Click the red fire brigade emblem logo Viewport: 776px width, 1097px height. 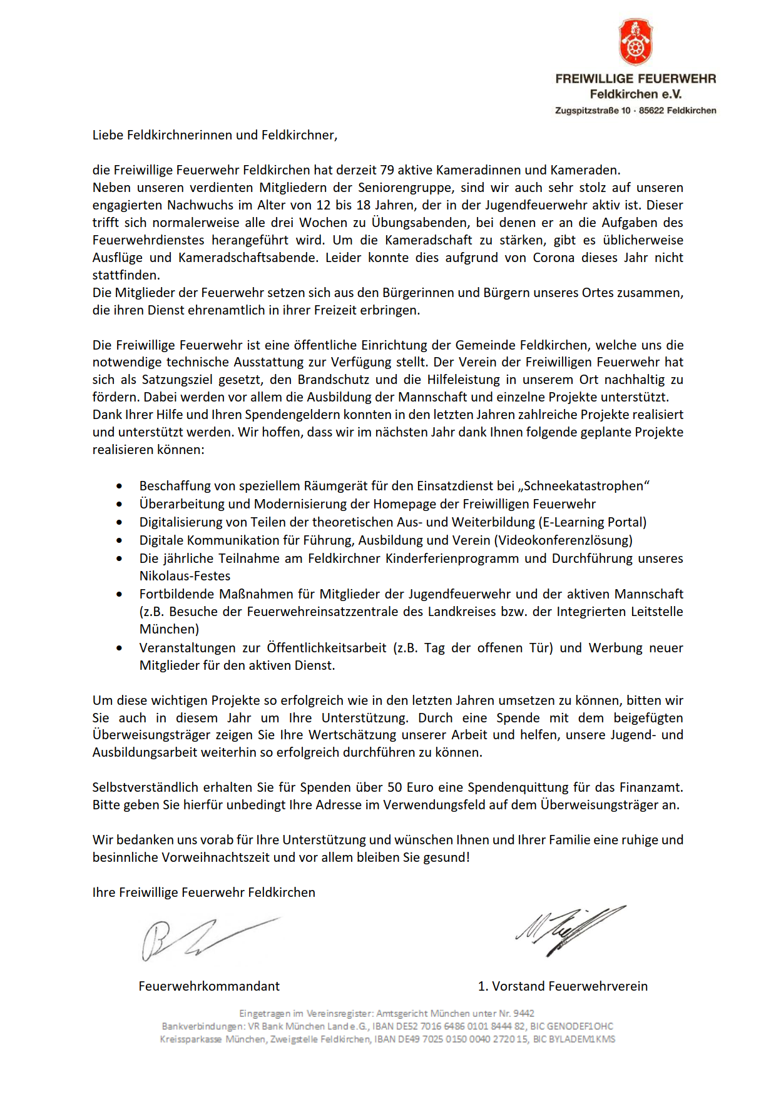coord(635,42)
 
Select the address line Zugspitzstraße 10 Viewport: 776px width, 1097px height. coord(593,111)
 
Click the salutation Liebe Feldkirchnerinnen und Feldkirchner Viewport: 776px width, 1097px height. coord(215,135)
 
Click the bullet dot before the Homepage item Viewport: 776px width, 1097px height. coord(120,504)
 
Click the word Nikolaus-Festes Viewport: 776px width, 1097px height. coord(185,576)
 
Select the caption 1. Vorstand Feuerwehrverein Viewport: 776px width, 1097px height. coord(563,986)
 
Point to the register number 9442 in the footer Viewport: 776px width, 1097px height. coord(524,1013)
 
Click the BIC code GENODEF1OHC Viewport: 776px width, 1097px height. coord(580,1026)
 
